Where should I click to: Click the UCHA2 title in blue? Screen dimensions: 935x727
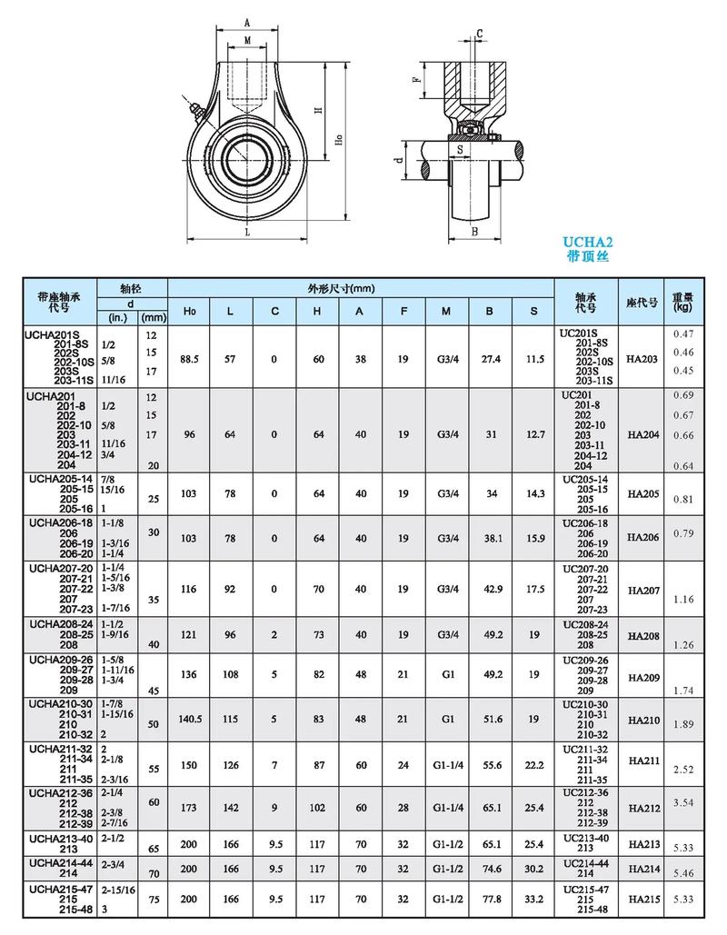(x=588, y=242)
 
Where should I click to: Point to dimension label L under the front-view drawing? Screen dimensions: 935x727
(x=247, y=231)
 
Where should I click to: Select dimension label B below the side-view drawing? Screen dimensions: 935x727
(x=474, y=232)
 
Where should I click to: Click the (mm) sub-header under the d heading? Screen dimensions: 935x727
(x=153, y=318)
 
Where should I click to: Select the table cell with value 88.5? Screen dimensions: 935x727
(x=189, y=359)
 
